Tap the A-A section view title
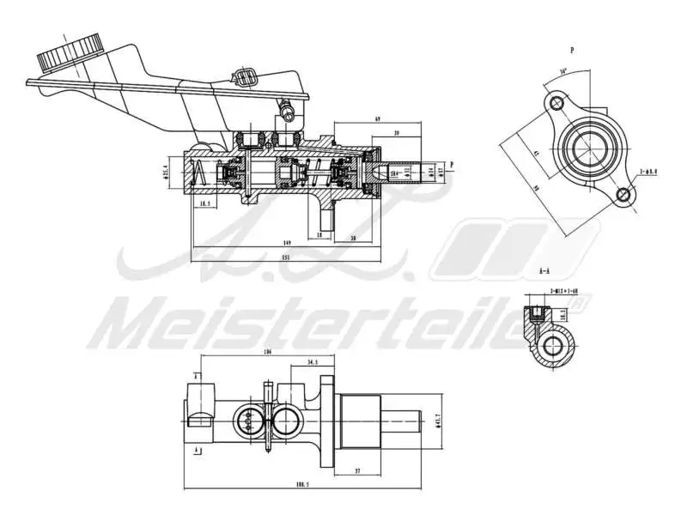tap(544, 271)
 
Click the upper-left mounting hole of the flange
tap(556, 105)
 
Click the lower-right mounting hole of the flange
tap(624, 197)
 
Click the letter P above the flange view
tap(572, 51)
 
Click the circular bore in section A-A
tap(556, 347)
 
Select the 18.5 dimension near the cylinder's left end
tap(204, 204)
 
